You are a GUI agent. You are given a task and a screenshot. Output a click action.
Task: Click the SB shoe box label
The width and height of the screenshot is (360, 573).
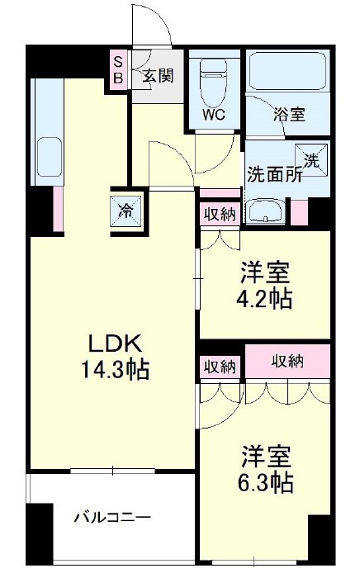click(118, 69)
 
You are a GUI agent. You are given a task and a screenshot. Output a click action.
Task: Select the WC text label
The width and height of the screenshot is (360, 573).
click(215, 115)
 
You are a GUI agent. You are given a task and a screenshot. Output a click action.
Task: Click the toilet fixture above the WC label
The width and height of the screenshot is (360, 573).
click(214, 78)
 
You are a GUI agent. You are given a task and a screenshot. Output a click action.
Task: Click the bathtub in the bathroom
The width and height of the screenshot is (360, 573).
click(288, 73)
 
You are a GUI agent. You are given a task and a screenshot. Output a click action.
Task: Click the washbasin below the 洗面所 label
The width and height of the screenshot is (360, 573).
click(265, 212)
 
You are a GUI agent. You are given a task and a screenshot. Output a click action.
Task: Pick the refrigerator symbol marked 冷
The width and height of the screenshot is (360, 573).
click(124, 211)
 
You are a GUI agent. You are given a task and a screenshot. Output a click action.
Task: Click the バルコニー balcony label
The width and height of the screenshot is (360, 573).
click(112, 518)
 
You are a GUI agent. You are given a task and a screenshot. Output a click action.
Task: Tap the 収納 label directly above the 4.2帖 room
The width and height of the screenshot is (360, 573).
click(220, 214)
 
